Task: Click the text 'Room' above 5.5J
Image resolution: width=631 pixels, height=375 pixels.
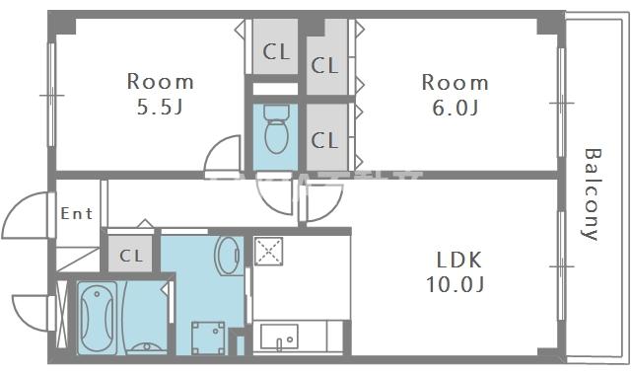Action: coord(160,81)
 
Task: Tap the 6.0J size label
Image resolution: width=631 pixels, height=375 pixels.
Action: coord(455,107)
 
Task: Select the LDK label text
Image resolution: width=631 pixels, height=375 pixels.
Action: coord(459,261)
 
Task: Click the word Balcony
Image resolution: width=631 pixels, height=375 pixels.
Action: coord(592,193)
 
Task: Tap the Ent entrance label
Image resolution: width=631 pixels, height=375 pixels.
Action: coord(77,213)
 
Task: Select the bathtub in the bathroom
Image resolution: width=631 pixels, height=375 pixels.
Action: coord(98,316)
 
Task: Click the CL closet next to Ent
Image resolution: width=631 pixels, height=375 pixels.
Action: coord(131,256)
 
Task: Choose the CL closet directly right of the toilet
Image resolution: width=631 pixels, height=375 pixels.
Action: coord(324,139)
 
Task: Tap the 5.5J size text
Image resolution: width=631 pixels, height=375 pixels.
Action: coord(160,107)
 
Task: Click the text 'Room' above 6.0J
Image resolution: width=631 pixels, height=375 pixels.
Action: coord(455,81)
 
